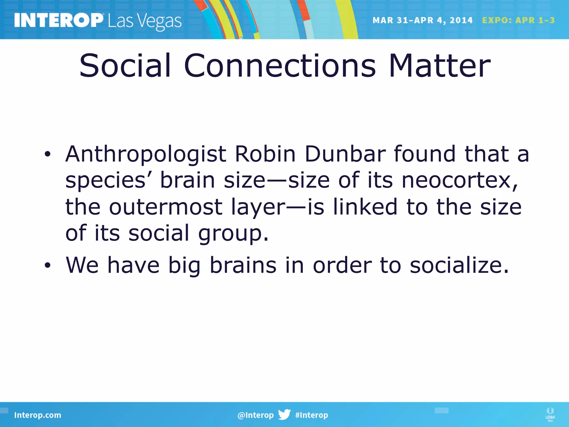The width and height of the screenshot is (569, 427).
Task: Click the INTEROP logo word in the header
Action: point(58,20)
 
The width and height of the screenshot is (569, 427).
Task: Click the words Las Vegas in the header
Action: point(144,21)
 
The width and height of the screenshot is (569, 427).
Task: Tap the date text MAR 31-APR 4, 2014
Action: point(422,20)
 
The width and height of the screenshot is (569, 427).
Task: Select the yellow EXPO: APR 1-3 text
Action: point(518,20)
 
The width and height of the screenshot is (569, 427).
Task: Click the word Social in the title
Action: point(125,66)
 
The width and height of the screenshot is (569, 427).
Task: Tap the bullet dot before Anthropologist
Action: point(48,155)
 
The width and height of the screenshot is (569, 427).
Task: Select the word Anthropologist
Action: point(146,155)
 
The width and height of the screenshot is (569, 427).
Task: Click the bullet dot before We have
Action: point(48,266)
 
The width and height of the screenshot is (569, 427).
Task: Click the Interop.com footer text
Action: point(38,415)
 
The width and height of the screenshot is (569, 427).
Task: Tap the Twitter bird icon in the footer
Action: point(284,414)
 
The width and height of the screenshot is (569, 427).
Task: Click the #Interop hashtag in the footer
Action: point(311,415)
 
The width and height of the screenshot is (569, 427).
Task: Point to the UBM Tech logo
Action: point(550,414)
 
